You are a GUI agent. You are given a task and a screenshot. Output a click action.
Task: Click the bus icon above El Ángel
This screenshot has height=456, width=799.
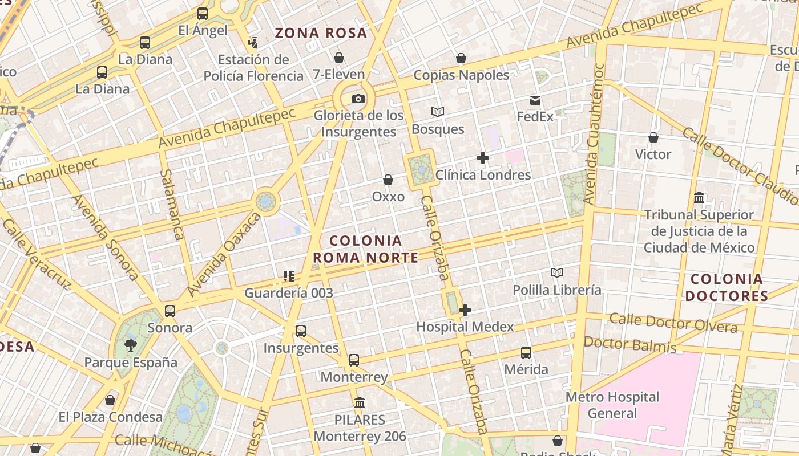coord(203,14)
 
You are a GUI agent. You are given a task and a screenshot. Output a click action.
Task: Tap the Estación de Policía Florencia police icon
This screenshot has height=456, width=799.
coord(253,42)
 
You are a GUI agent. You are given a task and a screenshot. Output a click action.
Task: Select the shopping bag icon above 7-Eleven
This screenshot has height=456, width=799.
coord(339,58)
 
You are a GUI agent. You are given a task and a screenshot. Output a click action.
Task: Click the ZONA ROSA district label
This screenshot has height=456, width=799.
coord(321,33)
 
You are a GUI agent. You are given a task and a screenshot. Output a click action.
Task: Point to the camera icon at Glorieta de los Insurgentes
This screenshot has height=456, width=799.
coord(358,99)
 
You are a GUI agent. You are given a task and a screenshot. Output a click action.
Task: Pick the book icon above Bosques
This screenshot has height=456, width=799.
coord(438,112)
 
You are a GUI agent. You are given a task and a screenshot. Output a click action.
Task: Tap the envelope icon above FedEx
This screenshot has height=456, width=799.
coord(535,100)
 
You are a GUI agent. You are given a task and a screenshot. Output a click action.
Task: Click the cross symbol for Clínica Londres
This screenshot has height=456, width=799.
coord(483,158)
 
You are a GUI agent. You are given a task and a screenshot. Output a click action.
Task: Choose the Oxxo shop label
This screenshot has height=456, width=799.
coord(388,197)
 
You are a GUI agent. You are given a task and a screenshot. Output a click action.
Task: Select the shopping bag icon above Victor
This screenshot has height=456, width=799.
coord(653,137)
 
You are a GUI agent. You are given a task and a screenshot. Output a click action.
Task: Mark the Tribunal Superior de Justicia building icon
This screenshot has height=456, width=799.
coord(699,198)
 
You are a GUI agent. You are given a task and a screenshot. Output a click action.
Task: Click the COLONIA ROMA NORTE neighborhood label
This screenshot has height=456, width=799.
coord(366,249)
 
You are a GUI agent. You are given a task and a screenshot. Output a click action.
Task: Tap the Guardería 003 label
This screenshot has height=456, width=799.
coord(289,293)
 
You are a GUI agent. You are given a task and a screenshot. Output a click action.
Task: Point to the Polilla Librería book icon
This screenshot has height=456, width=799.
coord(557,273)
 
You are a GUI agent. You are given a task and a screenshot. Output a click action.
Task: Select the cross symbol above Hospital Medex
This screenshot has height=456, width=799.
coord(465,310)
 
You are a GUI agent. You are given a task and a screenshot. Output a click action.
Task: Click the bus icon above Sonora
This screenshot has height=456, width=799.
coord(170,311)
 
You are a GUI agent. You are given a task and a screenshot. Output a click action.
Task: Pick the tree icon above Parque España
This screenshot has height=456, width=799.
coord(131,345)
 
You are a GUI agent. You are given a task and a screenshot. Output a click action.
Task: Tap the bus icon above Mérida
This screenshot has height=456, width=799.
coord(526,353)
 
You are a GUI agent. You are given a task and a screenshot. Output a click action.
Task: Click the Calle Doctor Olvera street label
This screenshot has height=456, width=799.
coord(673,323)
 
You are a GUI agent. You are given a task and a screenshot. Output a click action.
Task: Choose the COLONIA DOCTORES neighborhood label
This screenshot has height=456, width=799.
coord(727,287)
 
